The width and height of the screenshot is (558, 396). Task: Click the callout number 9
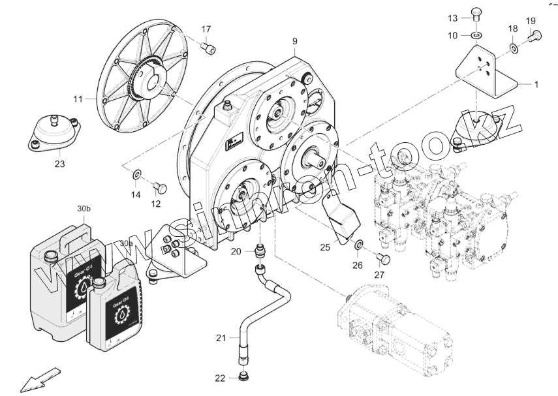tap(294, 41)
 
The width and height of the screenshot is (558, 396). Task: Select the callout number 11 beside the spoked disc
tap(78, 99)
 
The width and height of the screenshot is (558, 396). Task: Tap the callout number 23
tap(59, 164)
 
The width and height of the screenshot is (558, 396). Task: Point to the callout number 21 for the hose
tap(221, 337)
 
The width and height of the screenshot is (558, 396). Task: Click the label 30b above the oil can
tap(84, 209)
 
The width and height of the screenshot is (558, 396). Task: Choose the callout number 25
tap(324, 247)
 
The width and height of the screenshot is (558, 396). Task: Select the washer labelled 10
tap(478, 35)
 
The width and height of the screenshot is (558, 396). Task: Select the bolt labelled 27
tap(384, 259)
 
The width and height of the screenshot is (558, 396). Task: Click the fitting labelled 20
tap(260, 250)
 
